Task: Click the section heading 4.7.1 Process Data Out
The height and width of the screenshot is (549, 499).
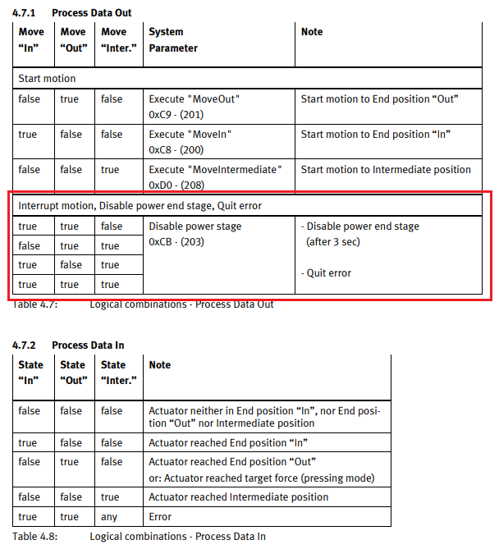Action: pyautogui.click(x=71, y=13)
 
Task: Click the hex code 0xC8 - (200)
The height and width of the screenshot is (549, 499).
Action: pyautogui.click(x=177, y=150)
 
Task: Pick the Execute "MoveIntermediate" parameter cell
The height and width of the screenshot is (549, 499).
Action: pyautogui.click(x=215, y=170)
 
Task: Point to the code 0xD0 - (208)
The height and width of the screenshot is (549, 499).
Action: pyautogui.click(x=177, y=186)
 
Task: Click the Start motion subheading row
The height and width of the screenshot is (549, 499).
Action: pyautogui.click(x=47, y=79)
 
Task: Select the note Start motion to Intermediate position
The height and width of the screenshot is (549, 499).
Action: pyautogui.click(x=386, y=170)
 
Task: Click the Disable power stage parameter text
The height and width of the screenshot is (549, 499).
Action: pyautogui.click(x=195, y=226)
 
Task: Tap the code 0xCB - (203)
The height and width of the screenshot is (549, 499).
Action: pyautogui.click(x=176, y=242)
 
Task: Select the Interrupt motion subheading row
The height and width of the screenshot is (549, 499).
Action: pyautogui.click(x=140, y=206)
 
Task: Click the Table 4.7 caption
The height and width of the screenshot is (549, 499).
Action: pyautogui.click(x=143, y=304)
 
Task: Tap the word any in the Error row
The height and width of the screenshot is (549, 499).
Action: pyautogui.click(x=108, y=517)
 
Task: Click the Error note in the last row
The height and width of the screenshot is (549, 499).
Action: pyautogui.click(x=161, y=517)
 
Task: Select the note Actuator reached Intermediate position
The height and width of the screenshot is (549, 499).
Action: pyautogui.click(x=238, y=497)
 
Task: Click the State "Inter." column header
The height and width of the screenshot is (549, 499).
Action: pyautogui.click(x=118, y=373)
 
